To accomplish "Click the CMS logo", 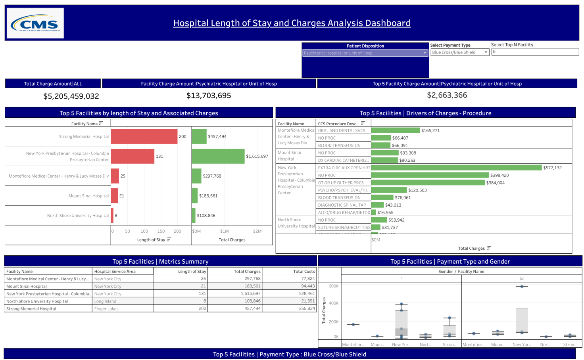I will pyautogui.click(x=35, y=23).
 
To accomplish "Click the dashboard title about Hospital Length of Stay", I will pyautogui.click(x=292, y=23).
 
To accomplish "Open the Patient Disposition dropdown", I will pyautogui.click(x=365, y=53).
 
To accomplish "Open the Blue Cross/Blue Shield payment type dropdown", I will pyautogui.click(x=459, y=52).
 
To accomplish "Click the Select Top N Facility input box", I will pyautogui.click(x=535, y=52).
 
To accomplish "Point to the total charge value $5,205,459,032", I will pyautogui.click(x=71, y=96).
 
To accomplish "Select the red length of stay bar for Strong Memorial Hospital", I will pyautogui.click(x=144, y=136).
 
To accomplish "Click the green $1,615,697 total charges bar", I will pyautogui.click(x=218, y=156).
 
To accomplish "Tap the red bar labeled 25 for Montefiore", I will pyautogui.click(x=115, y=176).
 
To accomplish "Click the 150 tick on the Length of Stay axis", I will pyautogui.click(x=161, y=231).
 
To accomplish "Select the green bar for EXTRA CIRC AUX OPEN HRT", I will pyautogui.click(x=456, y=168).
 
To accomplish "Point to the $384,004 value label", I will pyautogui.click(x=495, y=183).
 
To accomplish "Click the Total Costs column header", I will pyautogui.click(x=304, y=272).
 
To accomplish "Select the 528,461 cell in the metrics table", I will pyautogui.click(x=307, y=294).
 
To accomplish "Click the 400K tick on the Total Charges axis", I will pyautogui.click(x=333, y=303).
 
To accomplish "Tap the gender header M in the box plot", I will pyautogui.click(x=522, y=279).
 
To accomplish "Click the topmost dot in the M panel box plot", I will pyautogui.click(x=522, y=286).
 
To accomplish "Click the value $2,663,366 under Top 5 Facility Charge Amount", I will pyautogui.click(x=447, y=95).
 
